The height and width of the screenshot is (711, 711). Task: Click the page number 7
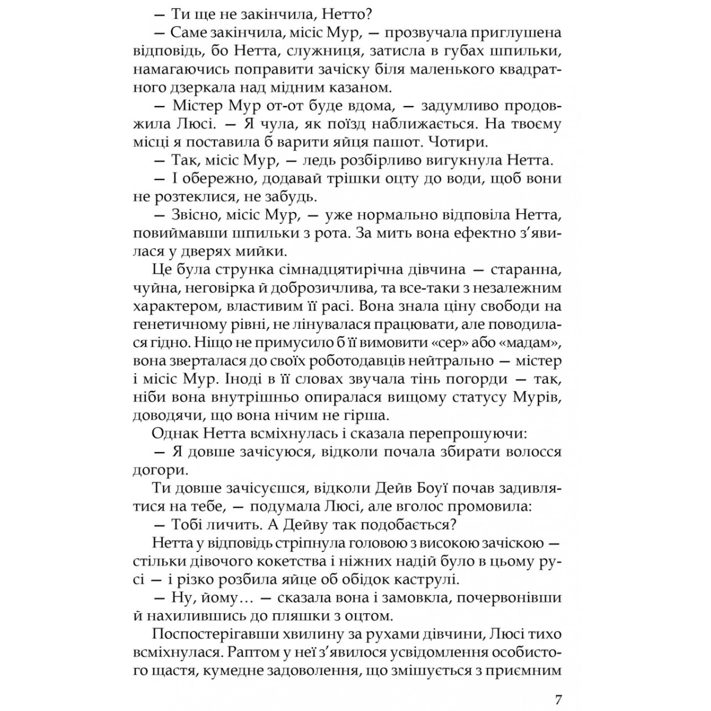558,683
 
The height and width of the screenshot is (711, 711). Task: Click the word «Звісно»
196,214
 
